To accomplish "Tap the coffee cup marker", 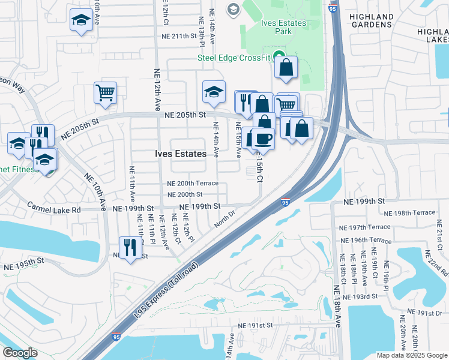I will tap(262, 140).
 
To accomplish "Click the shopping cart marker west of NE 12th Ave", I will tap(105, 93).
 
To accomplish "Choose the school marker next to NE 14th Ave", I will tap(213, 92).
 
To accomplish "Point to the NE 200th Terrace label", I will tap(192, 183).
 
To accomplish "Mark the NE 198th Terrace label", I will tap(409, 213).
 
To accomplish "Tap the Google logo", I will tap(20, 353).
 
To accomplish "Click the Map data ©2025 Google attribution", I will tap(411, 355).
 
